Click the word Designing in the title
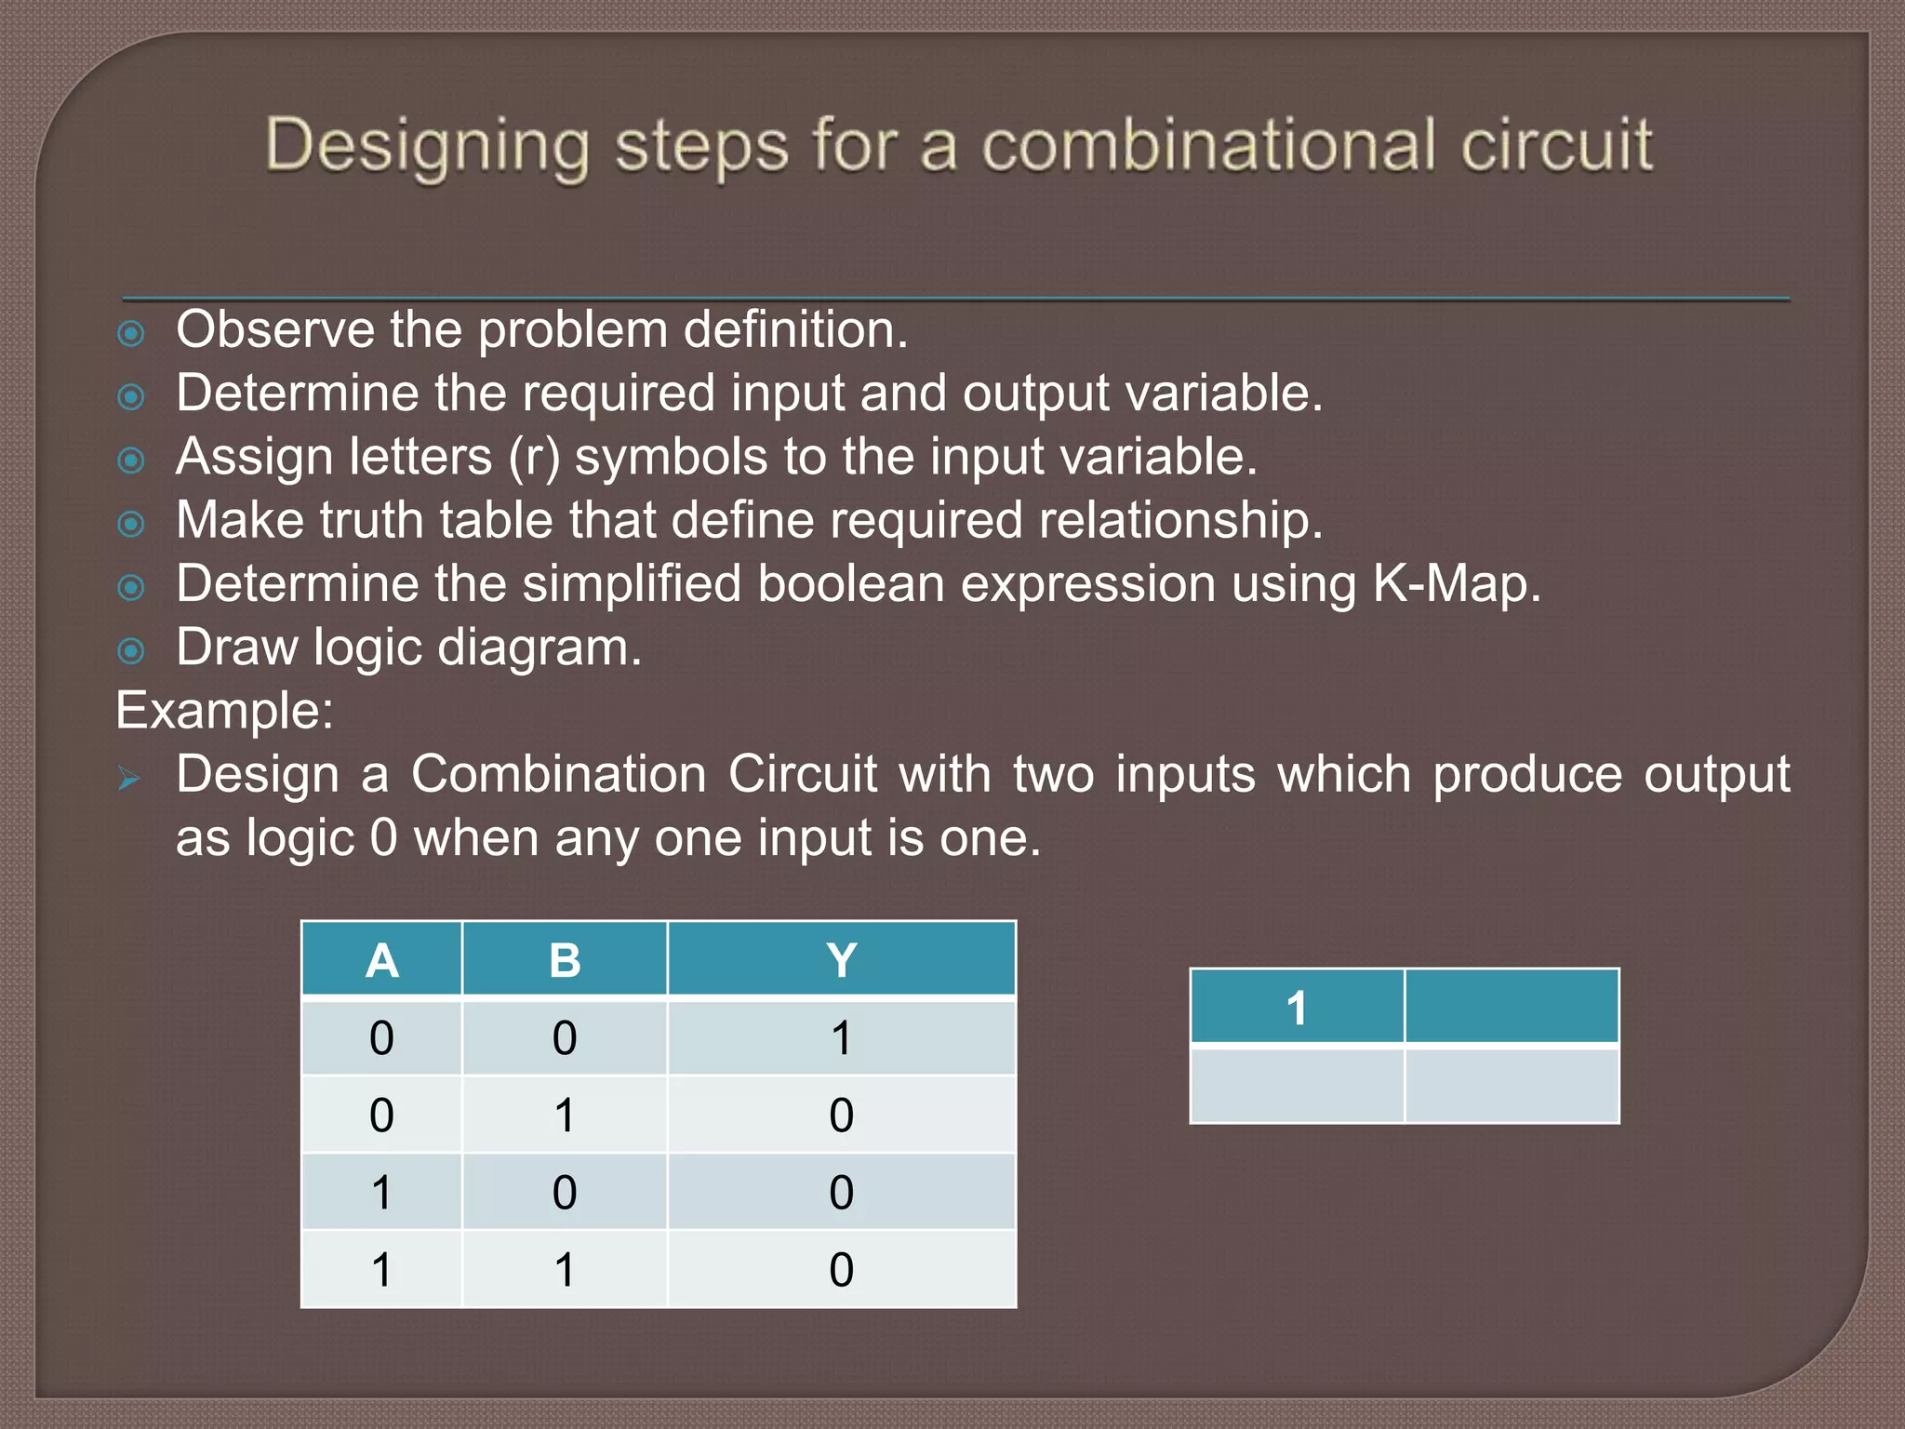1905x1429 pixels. (427, 147)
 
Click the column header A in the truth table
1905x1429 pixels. (381, 961)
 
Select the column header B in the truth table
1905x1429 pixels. (565, 961)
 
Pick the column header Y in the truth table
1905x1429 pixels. (841, 961)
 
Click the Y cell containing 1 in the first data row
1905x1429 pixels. (841, 1038)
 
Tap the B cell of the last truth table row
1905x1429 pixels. (565, 1270)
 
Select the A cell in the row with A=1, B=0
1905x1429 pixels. (381, 1193)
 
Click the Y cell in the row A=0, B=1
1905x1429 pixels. (841, 1115)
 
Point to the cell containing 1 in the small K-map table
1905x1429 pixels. (1297, 1008)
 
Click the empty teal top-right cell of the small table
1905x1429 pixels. (1512, 1008)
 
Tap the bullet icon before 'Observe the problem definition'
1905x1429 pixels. (131, 334)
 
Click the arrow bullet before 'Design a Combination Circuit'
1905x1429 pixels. (129, 779)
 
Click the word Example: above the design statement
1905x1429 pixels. (224, 711)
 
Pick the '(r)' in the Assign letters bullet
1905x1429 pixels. (534, 458)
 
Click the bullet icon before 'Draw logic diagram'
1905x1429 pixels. (131, 651)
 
